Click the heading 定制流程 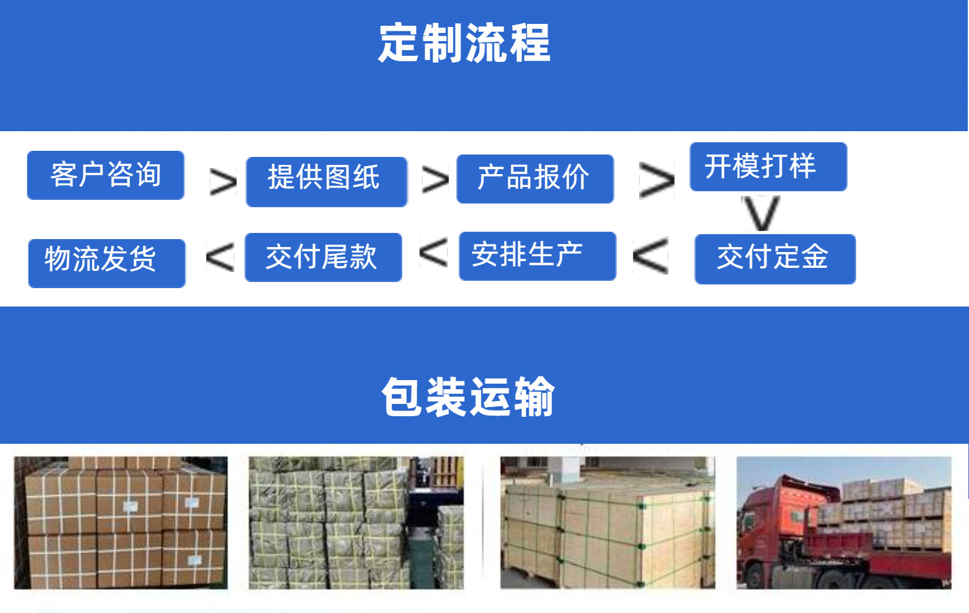464,44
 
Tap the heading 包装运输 468,397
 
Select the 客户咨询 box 105,175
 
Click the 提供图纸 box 326,181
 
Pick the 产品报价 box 535,178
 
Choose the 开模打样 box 768,167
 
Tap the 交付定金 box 775,259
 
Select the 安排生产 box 537,256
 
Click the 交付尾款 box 323,257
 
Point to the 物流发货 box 107,263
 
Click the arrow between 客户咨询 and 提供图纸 223,182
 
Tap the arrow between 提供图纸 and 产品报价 435,180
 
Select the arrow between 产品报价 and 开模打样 656,180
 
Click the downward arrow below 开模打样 761,213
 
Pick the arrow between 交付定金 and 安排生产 651,256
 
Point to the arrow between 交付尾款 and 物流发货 220,257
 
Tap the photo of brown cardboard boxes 121,522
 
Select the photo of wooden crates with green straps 607,522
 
